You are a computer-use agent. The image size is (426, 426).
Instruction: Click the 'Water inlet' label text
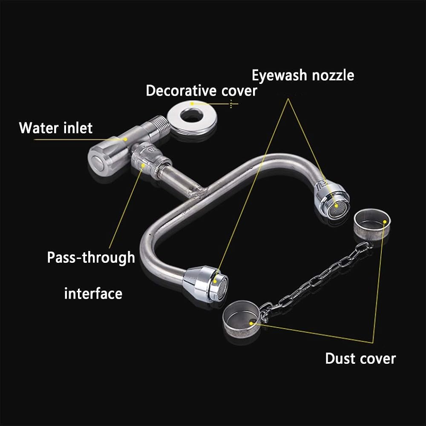tap(56, 128)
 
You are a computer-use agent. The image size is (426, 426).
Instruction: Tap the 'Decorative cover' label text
tap(201, 90)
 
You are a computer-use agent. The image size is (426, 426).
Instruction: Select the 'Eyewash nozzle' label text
tap(303, 75)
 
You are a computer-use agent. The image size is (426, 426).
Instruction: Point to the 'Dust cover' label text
tap(360, 358)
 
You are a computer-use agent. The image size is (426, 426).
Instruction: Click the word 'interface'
tap(93, 294)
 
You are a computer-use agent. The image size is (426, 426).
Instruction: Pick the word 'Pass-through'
tap(91, 257)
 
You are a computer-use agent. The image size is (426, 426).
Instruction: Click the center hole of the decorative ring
tap(192, 115)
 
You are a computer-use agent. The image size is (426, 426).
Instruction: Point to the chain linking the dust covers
tap(315, 280)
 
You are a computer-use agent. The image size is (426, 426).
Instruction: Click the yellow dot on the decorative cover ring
tap(192, 104)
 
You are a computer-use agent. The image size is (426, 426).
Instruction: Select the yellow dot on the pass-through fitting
tap(143, 165)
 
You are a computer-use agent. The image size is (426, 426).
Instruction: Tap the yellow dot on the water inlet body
tap(125, 139)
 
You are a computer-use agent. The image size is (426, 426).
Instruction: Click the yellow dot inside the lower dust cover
tap(251, 323)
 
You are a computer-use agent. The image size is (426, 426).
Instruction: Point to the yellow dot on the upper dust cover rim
tap(385, 222)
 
